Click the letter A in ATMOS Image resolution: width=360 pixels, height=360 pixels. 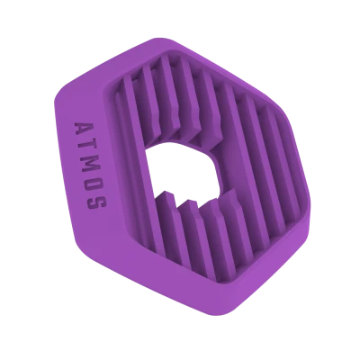pos(83,129)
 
